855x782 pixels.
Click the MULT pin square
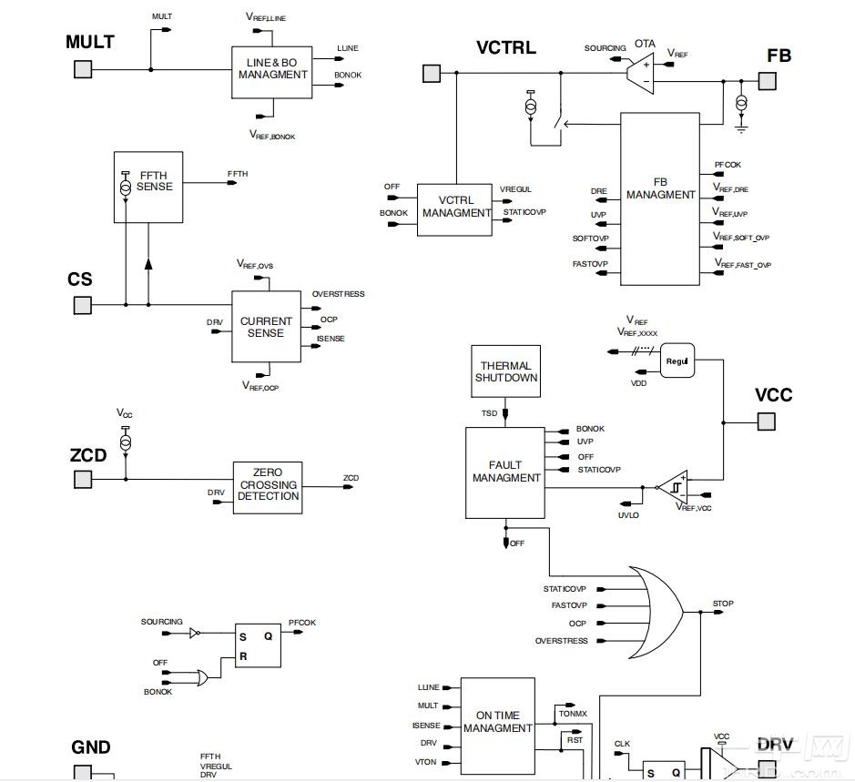(83, 69)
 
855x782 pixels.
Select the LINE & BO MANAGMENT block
(273, 72)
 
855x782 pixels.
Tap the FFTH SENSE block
(148, 187)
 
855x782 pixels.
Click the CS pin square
(83, 305)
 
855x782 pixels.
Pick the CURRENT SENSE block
(266, 327)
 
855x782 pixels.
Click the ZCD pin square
(83, 479)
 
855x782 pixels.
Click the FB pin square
(768, 81)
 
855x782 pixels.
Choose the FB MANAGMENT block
(660, 198)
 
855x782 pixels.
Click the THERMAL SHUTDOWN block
(507, 371)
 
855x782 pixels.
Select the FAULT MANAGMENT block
(505, 473)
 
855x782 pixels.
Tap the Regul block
(677, 361)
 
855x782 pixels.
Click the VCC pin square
(767, 421)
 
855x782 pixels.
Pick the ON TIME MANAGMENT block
(497, 723)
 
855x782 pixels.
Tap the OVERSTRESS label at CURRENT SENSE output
(338, 294)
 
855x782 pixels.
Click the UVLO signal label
(627, 516)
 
